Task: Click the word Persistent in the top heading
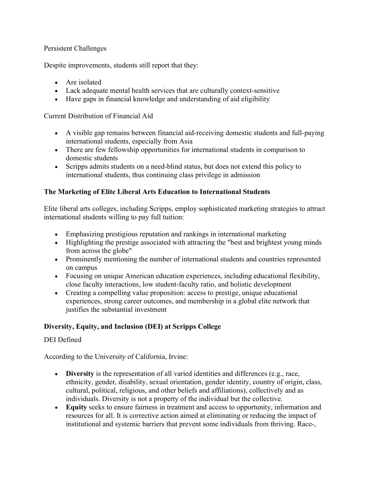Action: click(58, 48)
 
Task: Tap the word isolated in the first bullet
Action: click(90, 82)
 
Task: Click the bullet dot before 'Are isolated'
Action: click(56, 83)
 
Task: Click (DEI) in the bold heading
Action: click(153, 327)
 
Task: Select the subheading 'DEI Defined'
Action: click(63, 340)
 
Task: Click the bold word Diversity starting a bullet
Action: click(80, 374)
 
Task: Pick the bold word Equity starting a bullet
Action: click(76, 407)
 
